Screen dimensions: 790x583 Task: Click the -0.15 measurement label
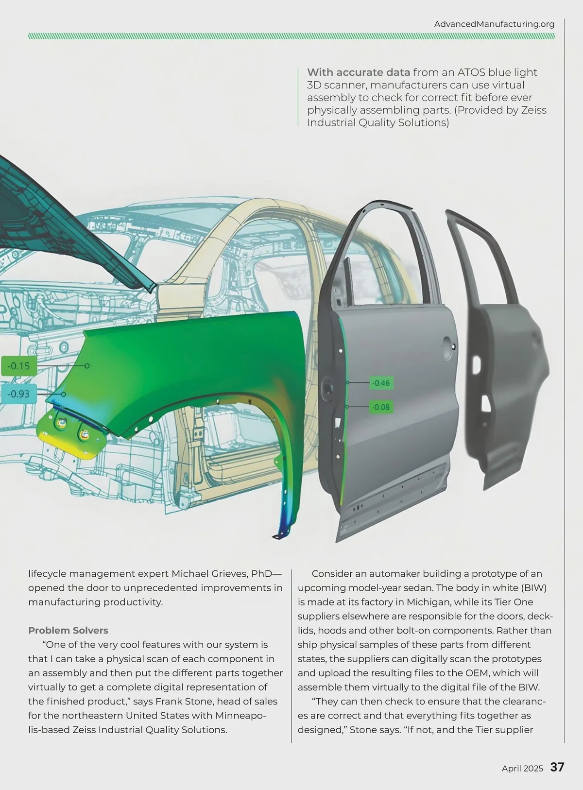(18, 366)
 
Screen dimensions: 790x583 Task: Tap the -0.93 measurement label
(18, 394)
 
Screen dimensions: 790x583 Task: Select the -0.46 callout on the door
(381, 383)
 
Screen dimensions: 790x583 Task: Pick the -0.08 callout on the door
(381, 407)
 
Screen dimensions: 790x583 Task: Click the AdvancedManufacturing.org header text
(494, 24)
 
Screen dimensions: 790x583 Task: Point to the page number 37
(557, 768)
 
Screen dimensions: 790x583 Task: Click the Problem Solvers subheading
(68, 630)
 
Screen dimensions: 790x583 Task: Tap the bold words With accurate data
(358, 72)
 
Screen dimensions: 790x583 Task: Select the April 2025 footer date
(522, 768)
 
